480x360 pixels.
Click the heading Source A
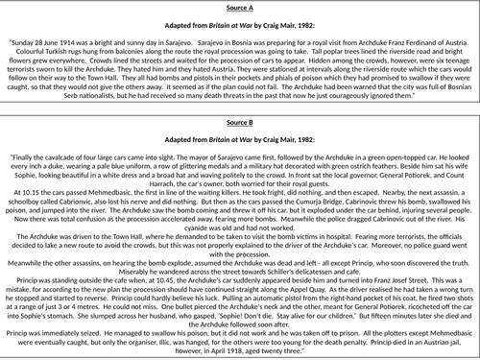pos(239,6)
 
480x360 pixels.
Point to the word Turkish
pos(48,54)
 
